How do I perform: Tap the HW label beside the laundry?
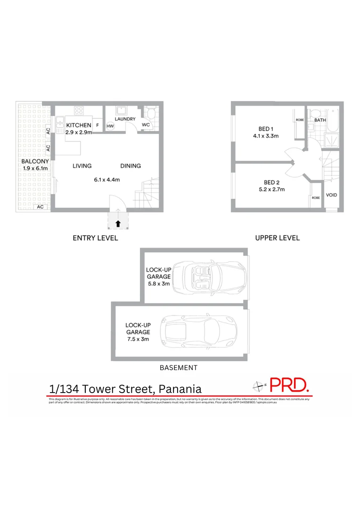pos(110,126)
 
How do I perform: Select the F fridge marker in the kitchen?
pos(98,125)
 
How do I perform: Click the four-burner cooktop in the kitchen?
pos(78,112)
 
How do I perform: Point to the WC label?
pos(146,125)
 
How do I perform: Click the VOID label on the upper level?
pos(331,195)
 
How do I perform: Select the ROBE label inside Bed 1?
pos(300,120)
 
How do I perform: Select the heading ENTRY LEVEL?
pos(95,238)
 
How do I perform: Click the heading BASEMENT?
pos(178,368)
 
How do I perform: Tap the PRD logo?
pos(290,385)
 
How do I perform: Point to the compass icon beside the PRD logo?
pos(258,386)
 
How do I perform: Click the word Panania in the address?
pos(180,389)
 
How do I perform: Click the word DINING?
pos(131,166)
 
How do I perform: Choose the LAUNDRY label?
pos(124,119)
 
